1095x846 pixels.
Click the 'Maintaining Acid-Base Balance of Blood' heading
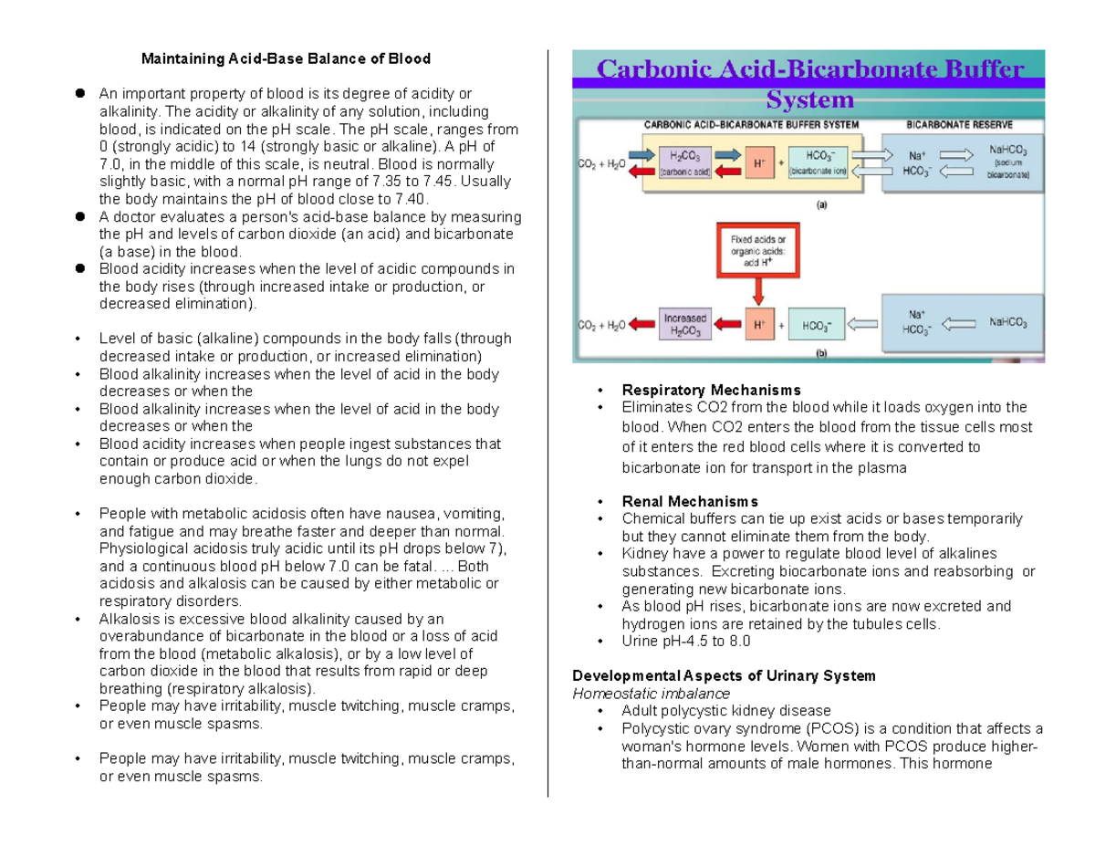tap(284, 59)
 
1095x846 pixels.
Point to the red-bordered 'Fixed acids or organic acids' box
tap(755, 249)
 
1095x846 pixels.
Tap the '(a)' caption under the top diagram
tap(823, 206)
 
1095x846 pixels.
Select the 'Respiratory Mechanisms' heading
tap(711, 391)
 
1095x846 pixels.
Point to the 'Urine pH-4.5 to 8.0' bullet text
tap(685, 642)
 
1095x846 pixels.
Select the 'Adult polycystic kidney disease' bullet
tap(725, 711)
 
